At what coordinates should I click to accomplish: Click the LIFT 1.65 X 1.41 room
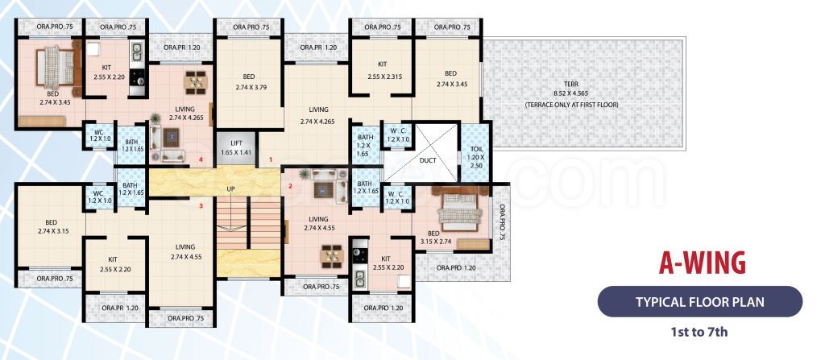tap(236, 148)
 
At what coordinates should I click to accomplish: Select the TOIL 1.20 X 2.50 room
tap(475, 154)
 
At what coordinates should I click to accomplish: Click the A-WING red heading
tap(703, 263)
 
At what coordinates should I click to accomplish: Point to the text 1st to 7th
tap(699, 332)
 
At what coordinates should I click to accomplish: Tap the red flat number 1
tap(271, 159)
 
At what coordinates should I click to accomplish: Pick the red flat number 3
tap(201, 206)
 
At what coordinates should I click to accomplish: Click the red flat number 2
tap(289, 186)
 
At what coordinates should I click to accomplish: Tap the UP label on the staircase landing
tap(230, 188)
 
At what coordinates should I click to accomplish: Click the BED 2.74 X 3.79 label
tap(250, 81)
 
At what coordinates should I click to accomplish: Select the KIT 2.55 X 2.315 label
tap(383, 70)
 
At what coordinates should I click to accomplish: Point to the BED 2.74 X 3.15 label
tap(51, 226)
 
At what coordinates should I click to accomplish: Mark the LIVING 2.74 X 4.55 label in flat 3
tap(186, 252)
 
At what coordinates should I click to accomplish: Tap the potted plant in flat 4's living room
tap(155, 119)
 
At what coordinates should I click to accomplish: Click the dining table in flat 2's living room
tap(331, 256)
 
